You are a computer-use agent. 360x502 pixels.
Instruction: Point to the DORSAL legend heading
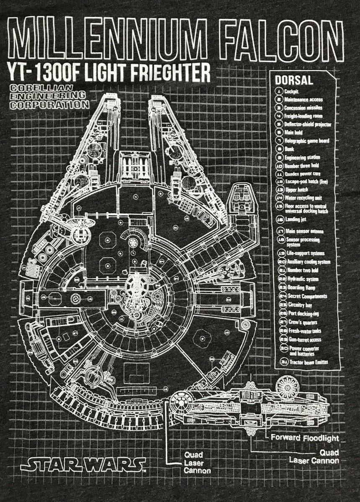click(x=294, y=80)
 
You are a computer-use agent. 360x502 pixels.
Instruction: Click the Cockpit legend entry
click(x=291, y=91)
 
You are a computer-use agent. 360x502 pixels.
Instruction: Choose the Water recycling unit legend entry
click(x=303, y=197)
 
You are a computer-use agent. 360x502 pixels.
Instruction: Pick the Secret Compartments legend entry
click(x=308, y=296)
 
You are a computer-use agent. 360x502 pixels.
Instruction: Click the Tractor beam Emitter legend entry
click(x=309, y=362)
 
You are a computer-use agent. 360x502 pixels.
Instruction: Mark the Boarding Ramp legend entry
click(x=301, y=288)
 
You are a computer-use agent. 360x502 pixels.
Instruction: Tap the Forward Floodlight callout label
click(x=304, y=438)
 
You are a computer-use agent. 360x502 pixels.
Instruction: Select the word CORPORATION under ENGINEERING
click(x=49, y=105)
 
